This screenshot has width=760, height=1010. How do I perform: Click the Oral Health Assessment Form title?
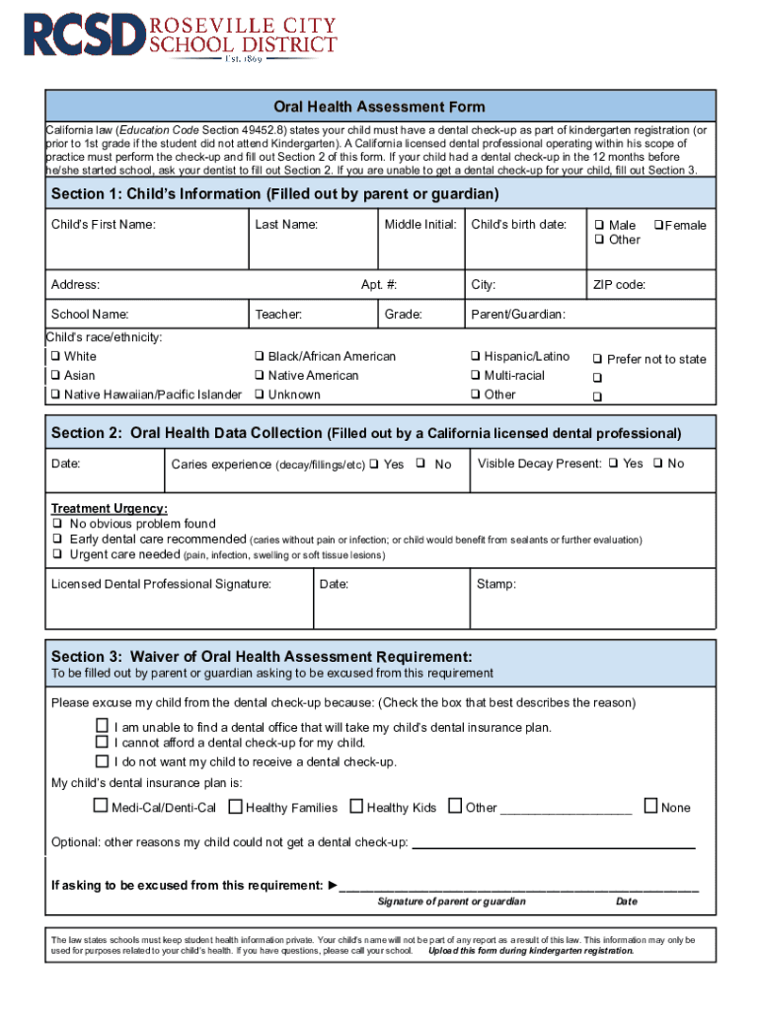pyautogui.click(x=379, y=107)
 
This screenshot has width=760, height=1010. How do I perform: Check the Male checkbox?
pyautogui.click(x=598, y=225)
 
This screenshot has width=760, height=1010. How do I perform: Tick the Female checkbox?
pyautogui.click(x=658, y=225)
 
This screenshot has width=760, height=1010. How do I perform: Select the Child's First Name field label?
pyautogui.click(x=103, y=225)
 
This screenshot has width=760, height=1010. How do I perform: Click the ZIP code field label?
pyautogui.click(x=619, y=285)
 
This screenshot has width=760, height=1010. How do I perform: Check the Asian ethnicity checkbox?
pyautogui.click(x=56, y=376)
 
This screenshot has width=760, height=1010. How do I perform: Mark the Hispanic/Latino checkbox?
pyautogui.click(x=476, y=356)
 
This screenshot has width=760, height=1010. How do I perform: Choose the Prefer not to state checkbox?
pyautogui.click(x=597, y=359)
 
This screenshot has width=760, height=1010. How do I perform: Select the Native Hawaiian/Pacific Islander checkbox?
pyautogui.click(x=56, y=395)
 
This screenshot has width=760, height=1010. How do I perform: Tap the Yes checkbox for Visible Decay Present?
pyautogui.click(x=614, y=463)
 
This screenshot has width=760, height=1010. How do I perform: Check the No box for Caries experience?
pyautogui.click(x=420, y=463)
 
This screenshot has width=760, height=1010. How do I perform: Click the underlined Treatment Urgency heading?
pyautogui.click(x=109, y=509)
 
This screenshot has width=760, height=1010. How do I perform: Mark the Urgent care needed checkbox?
pyautogui.click(x=56, y=554)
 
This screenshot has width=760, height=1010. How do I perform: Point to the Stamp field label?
pyautogui.click(x=495, y=584)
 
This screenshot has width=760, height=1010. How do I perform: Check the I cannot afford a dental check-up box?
pyautogui.click(x=101, y=742)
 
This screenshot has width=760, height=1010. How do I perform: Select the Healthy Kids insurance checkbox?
pyautogui.click(x=356, y=806)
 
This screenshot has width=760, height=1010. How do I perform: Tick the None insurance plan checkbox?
pyautogui.click(x=650, y=806)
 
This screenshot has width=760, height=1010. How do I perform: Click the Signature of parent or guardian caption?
pyautogui.click(x=451, y=902)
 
